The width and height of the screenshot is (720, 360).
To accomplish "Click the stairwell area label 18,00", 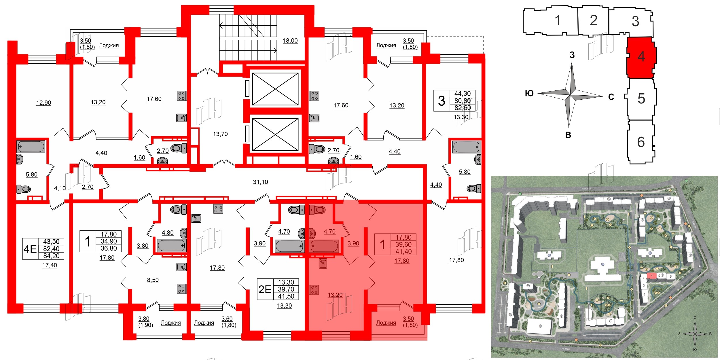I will [290, 41].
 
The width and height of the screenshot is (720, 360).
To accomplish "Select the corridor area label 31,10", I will [260, 182].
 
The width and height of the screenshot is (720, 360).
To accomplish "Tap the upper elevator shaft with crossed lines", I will [275, 89].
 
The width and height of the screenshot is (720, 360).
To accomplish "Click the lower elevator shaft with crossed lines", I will [275, 134].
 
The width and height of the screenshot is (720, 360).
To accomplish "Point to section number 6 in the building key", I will [641, 142].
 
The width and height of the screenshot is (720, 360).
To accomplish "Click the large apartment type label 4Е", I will [30, 249].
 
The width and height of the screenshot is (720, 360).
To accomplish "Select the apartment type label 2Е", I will [265, 289].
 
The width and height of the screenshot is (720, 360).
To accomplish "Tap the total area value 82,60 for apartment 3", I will [462, 108].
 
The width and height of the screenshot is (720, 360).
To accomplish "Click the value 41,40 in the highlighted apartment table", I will [403, 251].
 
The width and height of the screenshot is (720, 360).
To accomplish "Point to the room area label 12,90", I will [43, 103].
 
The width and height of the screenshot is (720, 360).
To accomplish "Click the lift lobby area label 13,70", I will [220, 134].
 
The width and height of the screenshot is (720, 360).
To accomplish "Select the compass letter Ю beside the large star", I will [529, 93].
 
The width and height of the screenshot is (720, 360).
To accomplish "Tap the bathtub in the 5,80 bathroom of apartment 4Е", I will [31, 147].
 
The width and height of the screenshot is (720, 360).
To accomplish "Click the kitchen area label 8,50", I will [153, 280].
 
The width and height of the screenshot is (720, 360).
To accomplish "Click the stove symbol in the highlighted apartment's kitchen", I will [314, 290].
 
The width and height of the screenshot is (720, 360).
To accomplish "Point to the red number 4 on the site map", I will [651, 276].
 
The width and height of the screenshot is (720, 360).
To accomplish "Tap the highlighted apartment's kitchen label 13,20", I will [335, 295].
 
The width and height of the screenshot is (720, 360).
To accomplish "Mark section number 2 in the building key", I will [593, 20].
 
